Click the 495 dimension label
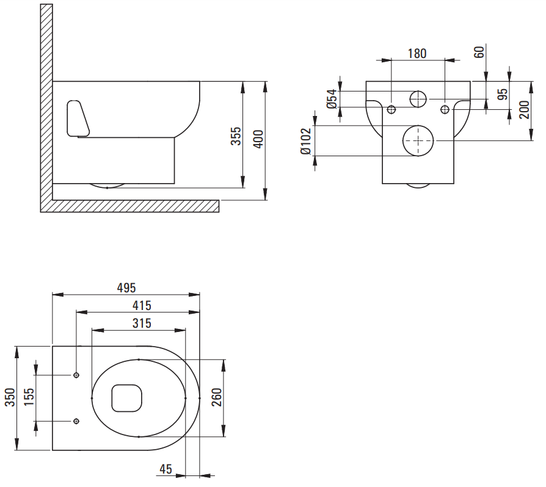pyautogui.click(x=126, y=287)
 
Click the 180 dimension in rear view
pyautogui.click(x=417, y=53)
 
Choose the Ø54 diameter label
pyautogui.click(x=332, y=99)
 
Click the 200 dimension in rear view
pyautogui.click(x=525, y=110)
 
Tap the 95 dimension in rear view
pyautogui.click(x=503, y=95)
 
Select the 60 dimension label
pyautogui.click(x=479, y=51)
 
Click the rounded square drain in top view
pyautogui.click(x=127, y=398)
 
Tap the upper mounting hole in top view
pyautogui.click(x=76, y=375)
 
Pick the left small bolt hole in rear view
pyautogui.click(x=391, y=109)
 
